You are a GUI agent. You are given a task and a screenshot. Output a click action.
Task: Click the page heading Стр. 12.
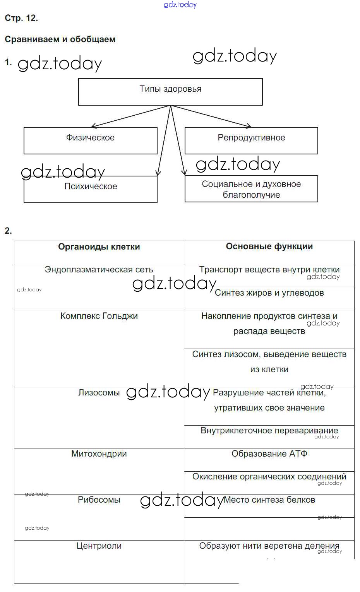[x=21, y=18]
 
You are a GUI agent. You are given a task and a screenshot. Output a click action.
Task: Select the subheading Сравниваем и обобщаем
[x=60, y=39]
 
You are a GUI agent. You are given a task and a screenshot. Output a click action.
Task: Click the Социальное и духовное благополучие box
[x=251, y=189]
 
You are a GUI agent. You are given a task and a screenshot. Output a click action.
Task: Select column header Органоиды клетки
[x=99, y=247]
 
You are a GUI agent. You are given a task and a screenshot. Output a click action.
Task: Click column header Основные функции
[x=269, y=246]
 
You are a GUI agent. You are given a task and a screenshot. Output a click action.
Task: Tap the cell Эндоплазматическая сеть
[x=99, y=270]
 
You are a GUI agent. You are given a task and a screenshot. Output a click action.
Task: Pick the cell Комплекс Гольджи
[x=99, y=316]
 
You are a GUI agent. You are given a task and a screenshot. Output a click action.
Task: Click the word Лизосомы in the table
[x=99, y=393]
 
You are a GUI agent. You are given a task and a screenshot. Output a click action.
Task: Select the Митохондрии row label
[x=99, y=454]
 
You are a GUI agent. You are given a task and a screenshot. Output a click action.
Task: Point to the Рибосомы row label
[x=99, y=500]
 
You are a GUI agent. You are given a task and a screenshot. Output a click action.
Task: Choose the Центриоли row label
[x=99, y=546]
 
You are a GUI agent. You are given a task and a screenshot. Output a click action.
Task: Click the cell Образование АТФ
[x=269, y=454]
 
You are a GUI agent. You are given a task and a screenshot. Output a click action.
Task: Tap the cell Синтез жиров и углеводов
[x=269, y=293]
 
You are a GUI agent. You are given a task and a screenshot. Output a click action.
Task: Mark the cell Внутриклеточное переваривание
[x=269, y=431]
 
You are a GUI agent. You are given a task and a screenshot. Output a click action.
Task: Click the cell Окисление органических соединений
[x=269, y=477]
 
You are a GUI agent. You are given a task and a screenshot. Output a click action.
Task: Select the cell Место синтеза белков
[x=269, y=500]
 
